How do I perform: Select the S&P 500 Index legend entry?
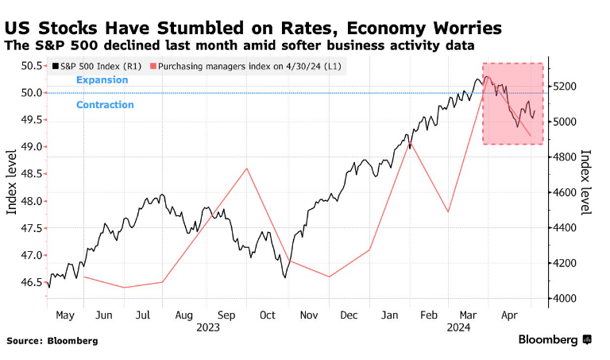coord(97,67)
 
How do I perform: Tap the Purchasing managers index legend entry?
coord(245,67)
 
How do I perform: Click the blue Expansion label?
coord(102,80)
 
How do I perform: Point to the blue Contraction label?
coord(105,105)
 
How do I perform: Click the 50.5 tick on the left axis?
coord(32,66)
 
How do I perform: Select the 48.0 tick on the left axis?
coord(32,201)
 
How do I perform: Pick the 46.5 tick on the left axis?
coord(32,282)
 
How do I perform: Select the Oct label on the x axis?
coord(267,315)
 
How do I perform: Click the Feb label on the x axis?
coord(428,315)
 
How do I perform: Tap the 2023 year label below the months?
coord(208,327)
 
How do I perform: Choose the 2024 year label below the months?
coord(458,327)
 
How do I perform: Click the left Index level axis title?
coord(12,182)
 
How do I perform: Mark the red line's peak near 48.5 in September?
coord(247,168)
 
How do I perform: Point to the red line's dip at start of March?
coord(449,211)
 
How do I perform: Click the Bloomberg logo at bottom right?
coord(554,340)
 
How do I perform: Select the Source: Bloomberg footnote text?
coord(52,341)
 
